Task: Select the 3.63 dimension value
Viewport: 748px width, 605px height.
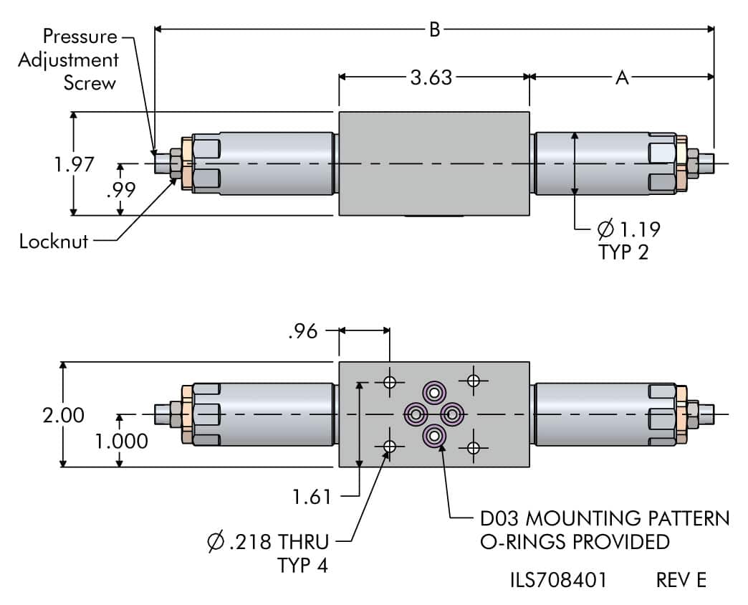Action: pos(431,77)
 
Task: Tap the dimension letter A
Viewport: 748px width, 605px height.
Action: pos(622,77)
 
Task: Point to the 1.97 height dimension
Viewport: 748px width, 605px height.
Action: pos(75,164)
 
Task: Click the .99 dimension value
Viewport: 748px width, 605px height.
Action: pos(120,191)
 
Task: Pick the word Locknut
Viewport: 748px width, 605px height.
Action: pos(54,241)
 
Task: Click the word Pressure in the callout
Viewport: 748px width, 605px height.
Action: pos(79,36)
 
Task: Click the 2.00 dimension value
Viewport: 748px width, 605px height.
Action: pos(63,415)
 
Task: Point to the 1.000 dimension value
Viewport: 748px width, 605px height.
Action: pos(122,440)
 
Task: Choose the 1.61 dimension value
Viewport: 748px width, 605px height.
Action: pos(312,495)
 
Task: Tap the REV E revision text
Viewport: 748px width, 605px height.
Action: pos(681,580)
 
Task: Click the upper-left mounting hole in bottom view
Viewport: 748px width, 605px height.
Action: pos(390,381)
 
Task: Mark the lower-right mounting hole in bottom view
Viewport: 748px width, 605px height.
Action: pos(473,448)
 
